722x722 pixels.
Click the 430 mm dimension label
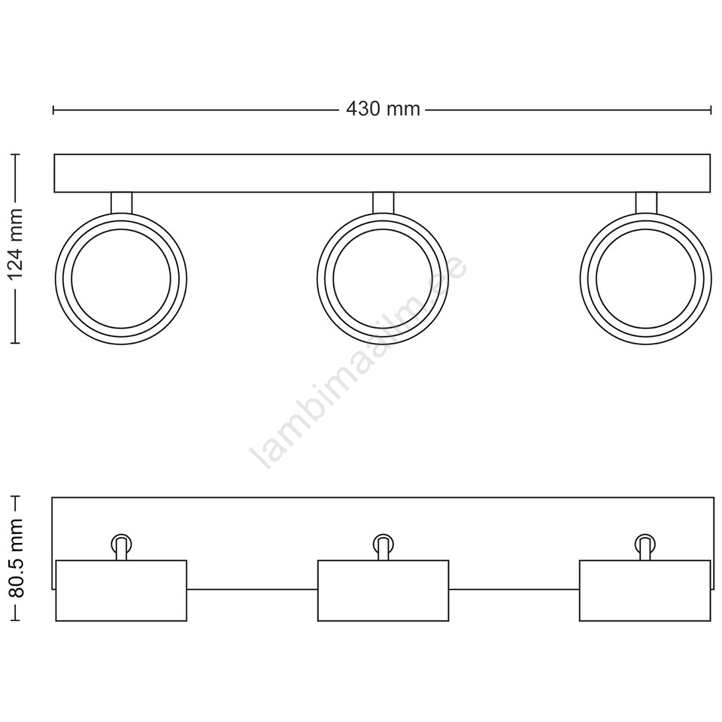point(383,110)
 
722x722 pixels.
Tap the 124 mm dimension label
point(16,244)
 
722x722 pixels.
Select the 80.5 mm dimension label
point(16,558)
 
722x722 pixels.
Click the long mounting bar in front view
point(382,173)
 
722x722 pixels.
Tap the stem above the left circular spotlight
point(122,202)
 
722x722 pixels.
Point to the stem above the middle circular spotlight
point(383,202)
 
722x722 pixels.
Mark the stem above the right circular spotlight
point(646,202)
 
